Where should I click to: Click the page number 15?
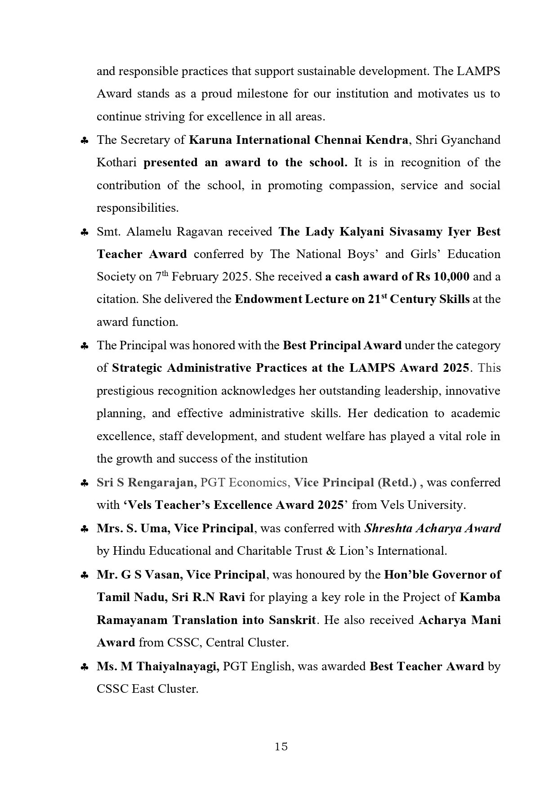tap(281, 747)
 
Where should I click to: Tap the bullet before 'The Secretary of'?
tap(84, 141)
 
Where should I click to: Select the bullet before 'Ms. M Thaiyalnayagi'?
tap(84, 668)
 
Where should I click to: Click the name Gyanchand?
tap(472, 140)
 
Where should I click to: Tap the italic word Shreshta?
tap(388, 528)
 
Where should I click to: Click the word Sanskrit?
tap(293, 620)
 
